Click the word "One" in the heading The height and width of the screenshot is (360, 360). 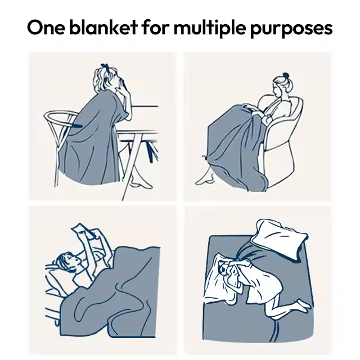46,28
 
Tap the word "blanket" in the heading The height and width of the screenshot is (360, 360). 103,27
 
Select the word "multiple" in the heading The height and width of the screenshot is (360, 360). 210,28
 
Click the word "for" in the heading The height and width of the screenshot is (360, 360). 156,27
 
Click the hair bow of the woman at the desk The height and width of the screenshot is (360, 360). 105,66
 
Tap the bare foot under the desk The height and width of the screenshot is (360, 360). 141,182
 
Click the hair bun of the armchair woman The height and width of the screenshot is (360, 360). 285,75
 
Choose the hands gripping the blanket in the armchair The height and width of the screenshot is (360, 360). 254,110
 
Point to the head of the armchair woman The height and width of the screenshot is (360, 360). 281,85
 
